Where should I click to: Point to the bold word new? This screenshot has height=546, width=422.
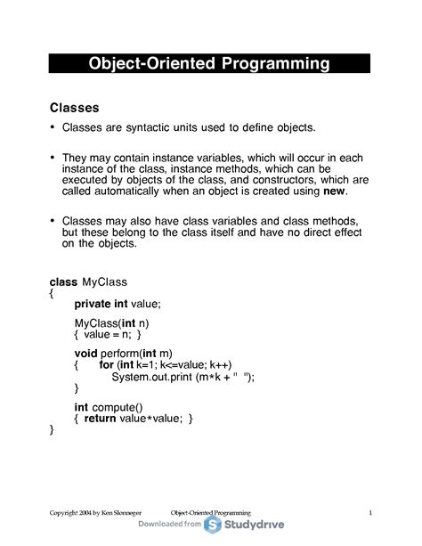334,191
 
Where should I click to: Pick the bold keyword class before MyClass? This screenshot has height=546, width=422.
63,282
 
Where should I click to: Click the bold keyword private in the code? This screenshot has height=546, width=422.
93,304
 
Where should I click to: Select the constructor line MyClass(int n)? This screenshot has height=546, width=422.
112,322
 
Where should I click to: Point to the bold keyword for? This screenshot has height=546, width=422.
107,365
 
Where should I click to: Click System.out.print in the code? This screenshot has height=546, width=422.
152,377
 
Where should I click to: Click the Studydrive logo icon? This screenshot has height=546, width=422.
214,525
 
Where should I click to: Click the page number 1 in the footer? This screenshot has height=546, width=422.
369,513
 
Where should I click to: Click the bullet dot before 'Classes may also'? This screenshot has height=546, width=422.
53,219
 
